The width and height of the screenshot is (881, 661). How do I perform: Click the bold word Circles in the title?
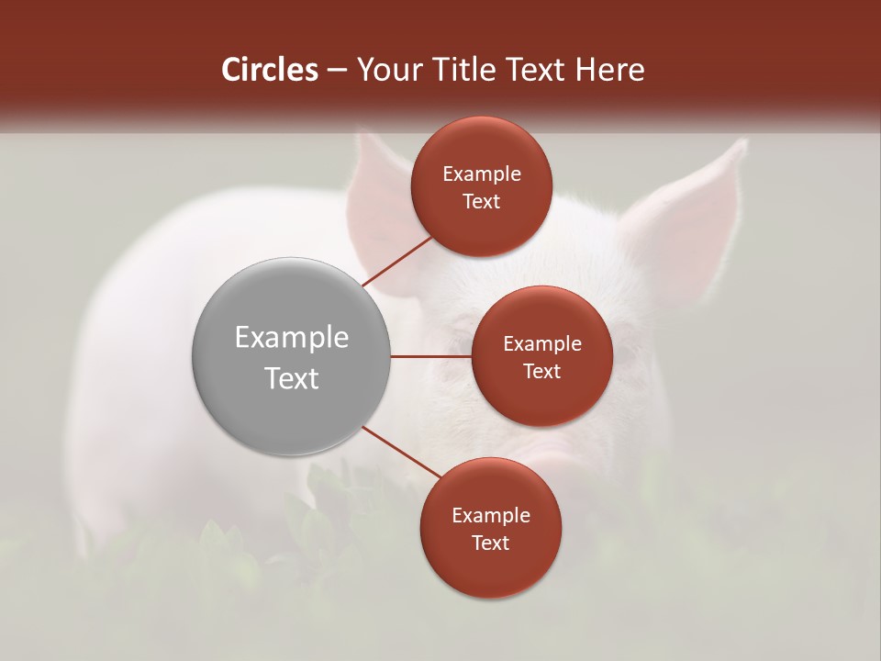click(x=270, y=70)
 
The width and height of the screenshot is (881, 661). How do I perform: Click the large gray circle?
click(x=291, y=356)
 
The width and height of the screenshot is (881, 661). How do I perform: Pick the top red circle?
click(x=481, y=186)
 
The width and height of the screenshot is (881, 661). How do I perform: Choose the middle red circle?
click(x=541, y=356)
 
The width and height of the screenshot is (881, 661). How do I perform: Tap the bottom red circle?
click(x=490, y=528)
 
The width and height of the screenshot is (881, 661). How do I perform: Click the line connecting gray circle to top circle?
click(x=397, y=261)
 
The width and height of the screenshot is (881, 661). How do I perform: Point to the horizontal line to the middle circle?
click(x=430, y=356)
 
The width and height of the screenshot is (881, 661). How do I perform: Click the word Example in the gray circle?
click(x=291, y=337)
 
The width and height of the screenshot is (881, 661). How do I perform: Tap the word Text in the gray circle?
click(x=291, y=377)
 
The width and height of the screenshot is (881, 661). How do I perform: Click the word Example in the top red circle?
click(x=481, y=174)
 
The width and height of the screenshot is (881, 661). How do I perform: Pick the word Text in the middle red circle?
click(x=541, y=371)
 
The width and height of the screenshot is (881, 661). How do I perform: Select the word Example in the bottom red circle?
click(x=490, y=515)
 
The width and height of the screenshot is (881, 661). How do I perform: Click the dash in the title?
click(x=337, y=71)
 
